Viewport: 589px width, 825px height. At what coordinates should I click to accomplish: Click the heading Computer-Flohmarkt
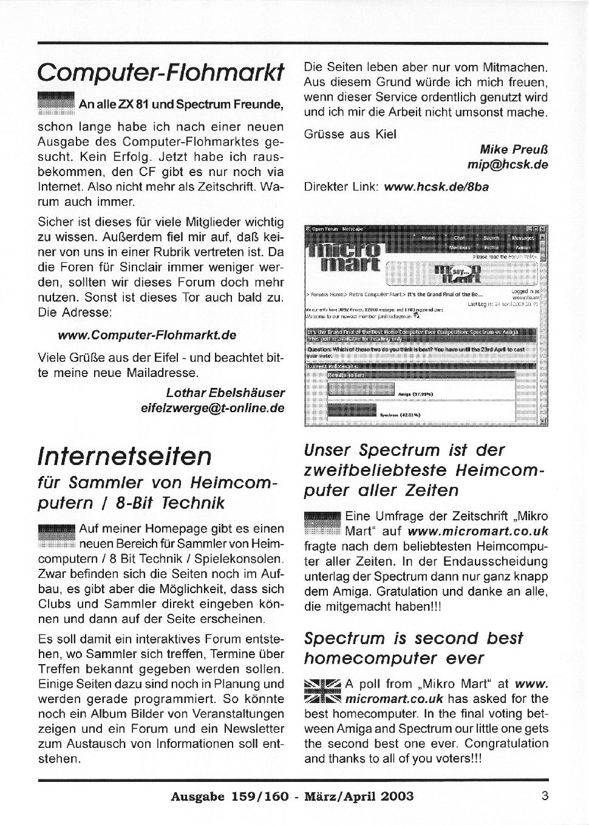160,72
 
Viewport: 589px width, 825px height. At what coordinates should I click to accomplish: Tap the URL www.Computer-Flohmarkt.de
147,335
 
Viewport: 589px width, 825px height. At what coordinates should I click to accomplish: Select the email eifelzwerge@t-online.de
213,408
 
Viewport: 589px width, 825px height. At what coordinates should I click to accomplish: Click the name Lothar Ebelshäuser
225,393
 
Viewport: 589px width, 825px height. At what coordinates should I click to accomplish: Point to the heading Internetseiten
124,455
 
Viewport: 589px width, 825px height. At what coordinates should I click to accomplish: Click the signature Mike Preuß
514,149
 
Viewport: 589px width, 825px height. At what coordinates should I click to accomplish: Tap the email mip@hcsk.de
507,165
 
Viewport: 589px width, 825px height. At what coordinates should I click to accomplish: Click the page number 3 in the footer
544,795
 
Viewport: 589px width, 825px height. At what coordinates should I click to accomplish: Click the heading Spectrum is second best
413,639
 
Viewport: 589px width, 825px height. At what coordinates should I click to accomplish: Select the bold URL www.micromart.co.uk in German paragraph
478,531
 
